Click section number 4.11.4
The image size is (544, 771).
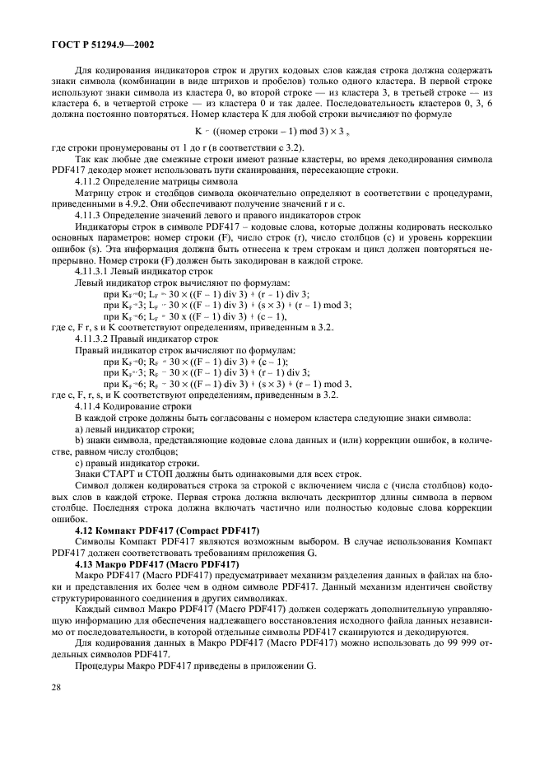point(91,406)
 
